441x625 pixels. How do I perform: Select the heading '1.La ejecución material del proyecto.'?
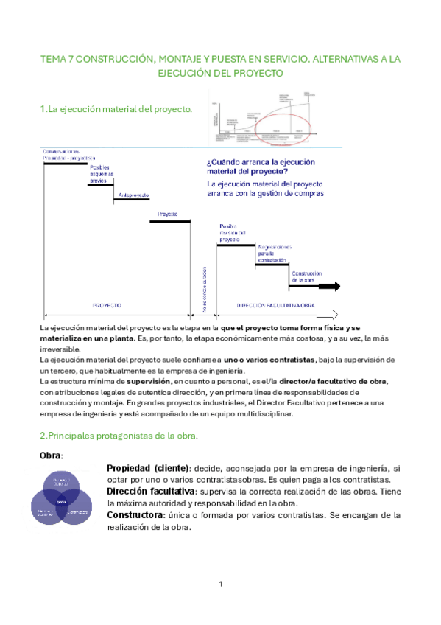coord(116,110)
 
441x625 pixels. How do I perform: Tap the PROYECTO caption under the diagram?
coord(107,304)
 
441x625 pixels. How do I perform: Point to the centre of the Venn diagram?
coord(62,501)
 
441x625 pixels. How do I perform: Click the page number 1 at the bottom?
coord(220,584)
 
